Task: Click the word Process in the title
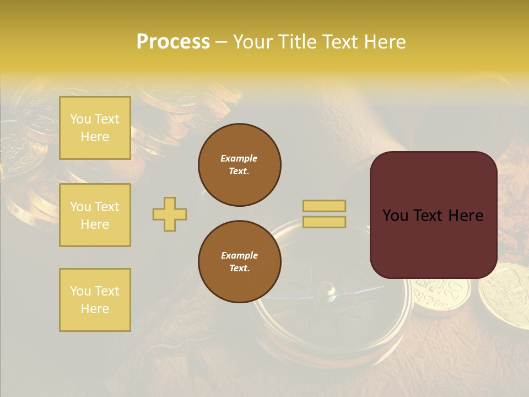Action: coord(173,42)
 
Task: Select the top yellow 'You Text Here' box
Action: coord(95,128)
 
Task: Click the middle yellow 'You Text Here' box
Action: coord(95,215)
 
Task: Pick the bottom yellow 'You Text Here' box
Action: coord(95,300)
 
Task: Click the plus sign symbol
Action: coord(170,214)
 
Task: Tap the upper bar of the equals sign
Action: coord(324,206)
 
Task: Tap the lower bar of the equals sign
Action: coord(324,222)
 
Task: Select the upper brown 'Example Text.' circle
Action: coord(239,164)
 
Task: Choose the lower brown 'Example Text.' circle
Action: coord(239,261)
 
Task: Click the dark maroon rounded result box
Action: coord(433,215)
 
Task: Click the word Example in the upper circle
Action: coord(239,158)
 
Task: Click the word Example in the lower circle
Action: coord(239,255)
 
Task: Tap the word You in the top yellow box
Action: coord(80,119)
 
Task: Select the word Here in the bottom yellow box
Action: coord(95,309)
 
